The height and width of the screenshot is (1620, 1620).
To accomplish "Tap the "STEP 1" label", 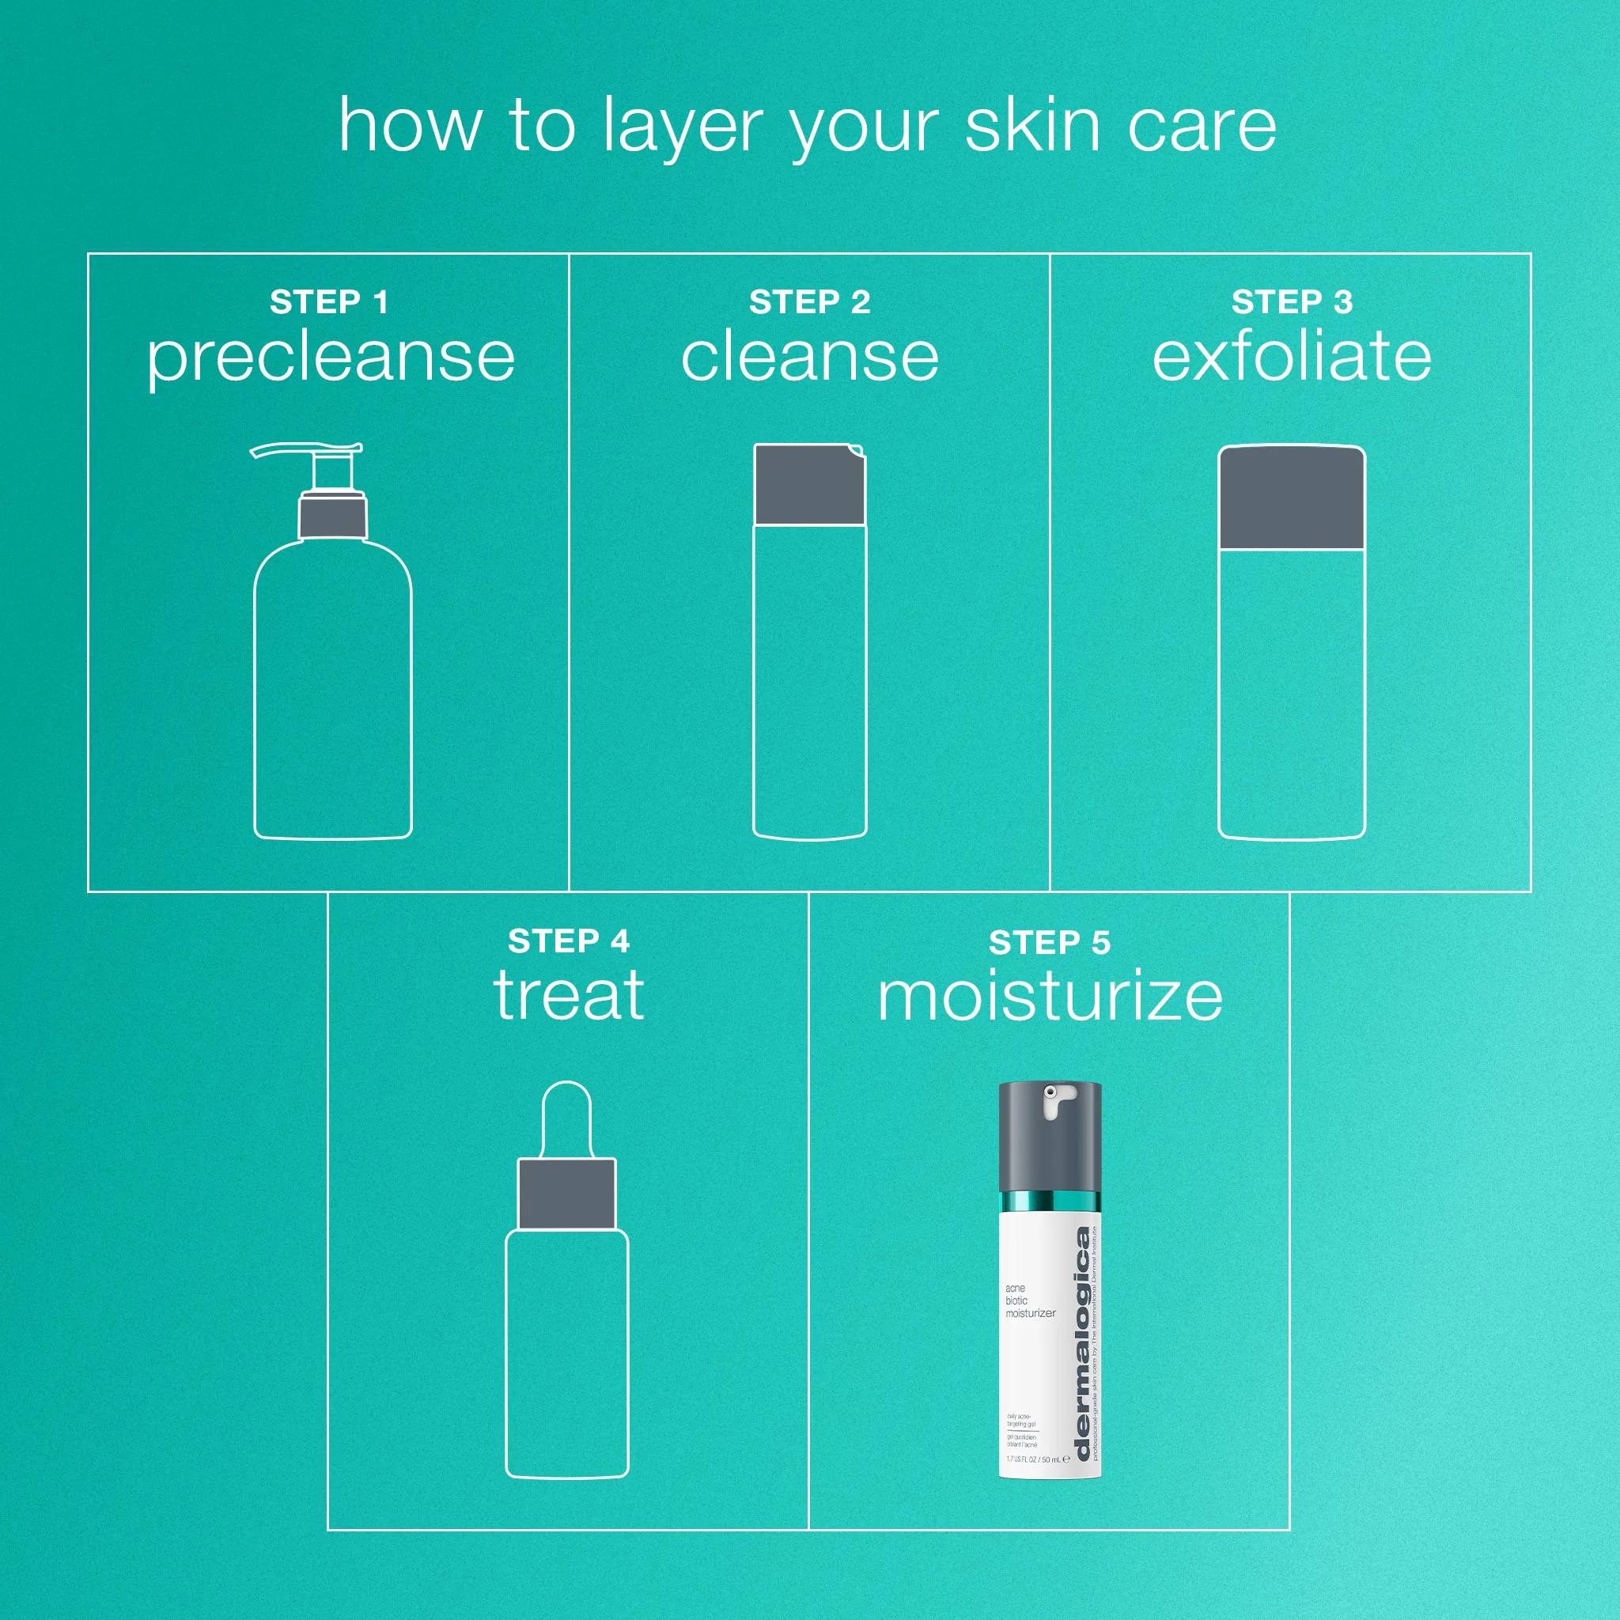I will (x=329, y=302).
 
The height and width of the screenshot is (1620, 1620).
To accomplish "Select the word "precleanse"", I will (x=331, y=359).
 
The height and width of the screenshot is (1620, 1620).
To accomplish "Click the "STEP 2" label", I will (x=809, y=302).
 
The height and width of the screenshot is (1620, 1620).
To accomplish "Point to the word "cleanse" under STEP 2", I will (x=809, y=358).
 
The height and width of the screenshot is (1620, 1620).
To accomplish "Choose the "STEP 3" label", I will (x=1291, y=302).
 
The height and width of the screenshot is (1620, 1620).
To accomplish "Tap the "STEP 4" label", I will (x=569, y=941).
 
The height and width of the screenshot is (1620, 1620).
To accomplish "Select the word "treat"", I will (x=569, y=996).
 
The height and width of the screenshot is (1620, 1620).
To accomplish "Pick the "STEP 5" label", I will (x=1049, y=942).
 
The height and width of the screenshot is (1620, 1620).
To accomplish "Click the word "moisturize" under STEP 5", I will (x=1049, y=997).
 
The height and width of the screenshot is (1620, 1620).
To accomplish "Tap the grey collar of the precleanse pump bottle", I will (x=333, y=517).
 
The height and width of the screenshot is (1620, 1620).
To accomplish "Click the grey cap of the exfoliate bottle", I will (x=1291, y=499).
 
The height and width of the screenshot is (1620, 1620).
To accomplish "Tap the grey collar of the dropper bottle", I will (x=567, y=1194).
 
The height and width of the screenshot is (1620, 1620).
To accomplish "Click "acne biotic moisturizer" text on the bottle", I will (x=1029, y=1300).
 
